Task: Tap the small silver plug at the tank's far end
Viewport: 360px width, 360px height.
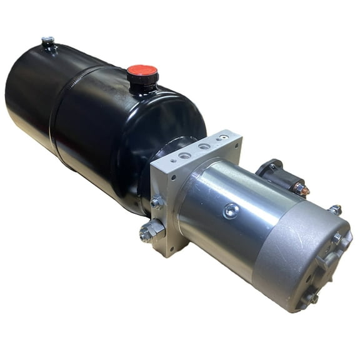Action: tap(48, 42)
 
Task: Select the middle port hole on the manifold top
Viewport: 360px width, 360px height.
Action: tap(204, 147)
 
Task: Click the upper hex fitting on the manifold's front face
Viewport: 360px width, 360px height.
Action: tap(156, 202)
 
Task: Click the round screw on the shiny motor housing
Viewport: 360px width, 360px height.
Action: tap(231, 211)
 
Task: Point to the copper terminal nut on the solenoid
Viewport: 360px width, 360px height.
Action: tap(299, 187)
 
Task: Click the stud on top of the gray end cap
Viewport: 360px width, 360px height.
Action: tap(336, 209)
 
